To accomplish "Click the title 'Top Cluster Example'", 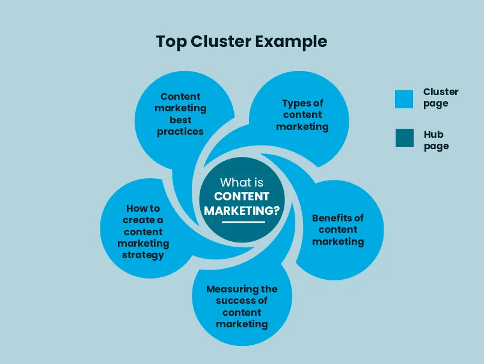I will [242, 42].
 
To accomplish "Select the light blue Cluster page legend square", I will [404, 99].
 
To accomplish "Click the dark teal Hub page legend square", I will [404, 138].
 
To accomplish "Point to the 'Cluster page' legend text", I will [440, 97].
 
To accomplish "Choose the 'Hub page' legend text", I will [435, 140].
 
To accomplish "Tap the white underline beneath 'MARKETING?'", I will [243, 222].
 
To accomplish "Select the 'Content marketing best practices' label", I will [180, 114].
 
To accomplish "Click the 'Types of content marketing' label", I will [302, 115].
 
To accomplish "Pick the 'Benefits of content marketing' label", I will [338, 230].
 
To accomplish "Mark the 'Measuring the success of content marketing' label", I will [242, 306].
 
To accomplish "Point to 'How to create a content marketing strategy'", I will [143, 232].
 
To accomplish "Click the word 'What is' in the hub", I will [242, 182].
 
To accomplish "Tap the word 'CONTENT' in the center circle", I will [242, 197].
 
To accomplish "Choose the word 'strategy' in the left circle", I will [143, 255].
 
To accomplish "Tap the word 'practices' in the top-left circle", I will [180, 131].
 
